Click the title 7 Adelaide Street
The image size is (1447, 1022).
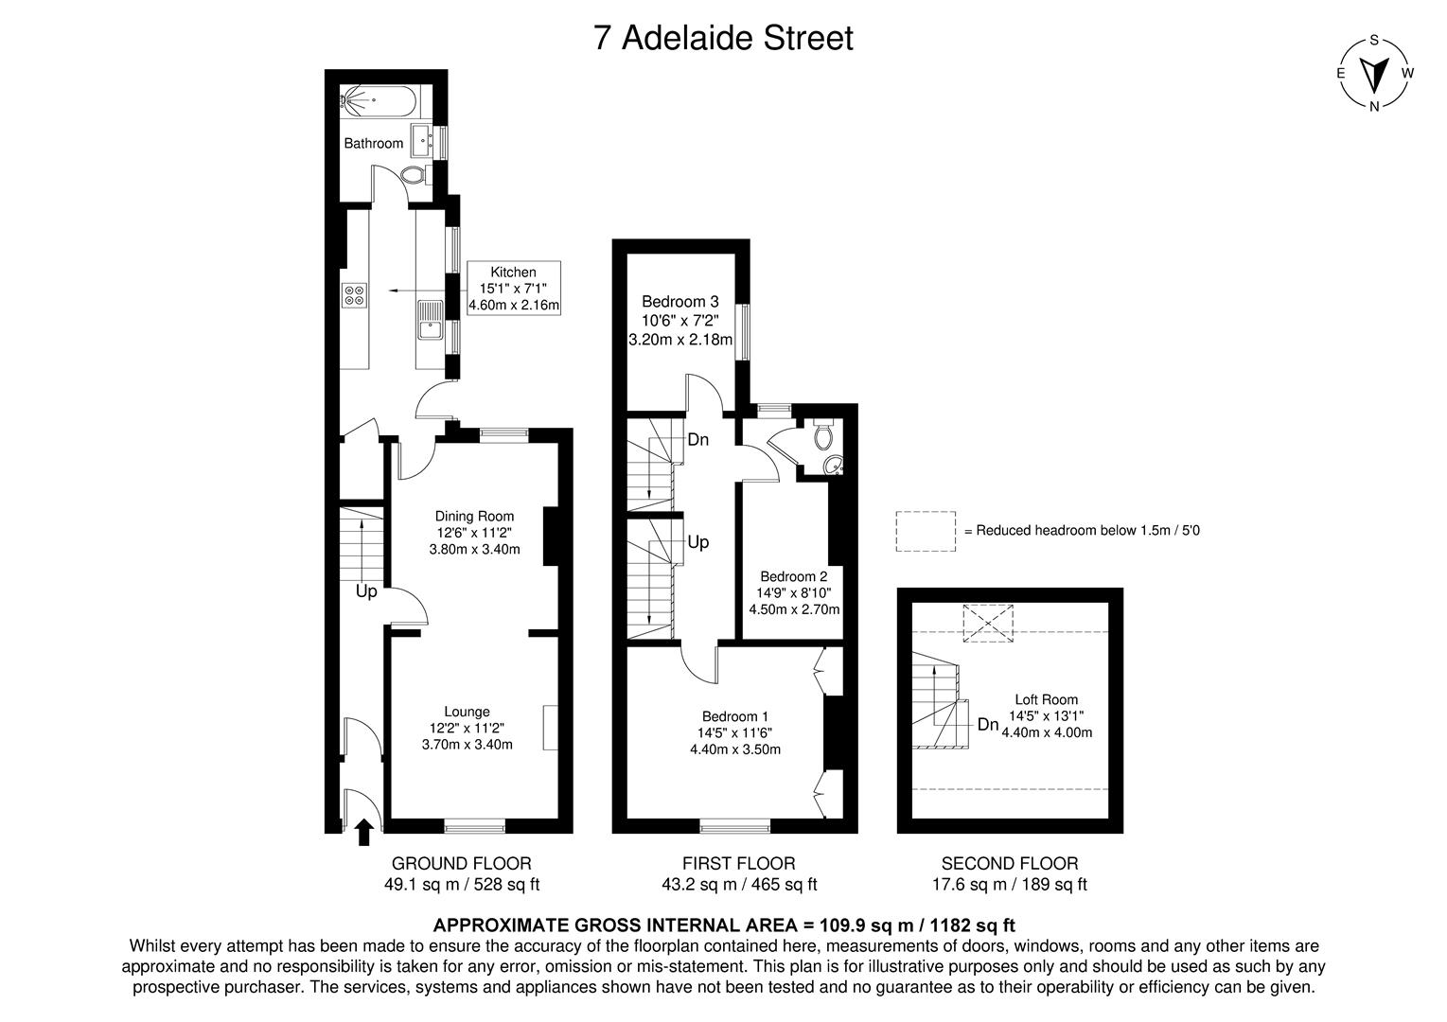point(723,38)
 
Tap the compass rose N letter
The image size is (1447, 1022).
point(1373,106)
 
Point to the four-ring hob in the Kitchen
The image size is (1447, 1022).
point(355,295)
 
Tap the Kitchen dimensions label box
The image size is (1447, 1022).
point(514,289)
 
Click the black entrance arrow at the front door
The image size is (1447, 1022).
point(362,832)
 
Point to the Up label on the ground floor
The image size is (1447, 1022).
point(366,591)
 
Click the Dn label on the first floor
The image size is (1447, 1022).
point(698,439)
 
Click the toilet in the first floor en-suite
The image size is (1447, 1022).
point(823,434)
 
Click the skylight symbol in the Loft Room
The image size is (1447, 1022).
point(986,625)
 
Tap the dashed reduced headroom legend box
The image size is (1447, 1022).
point(926,531)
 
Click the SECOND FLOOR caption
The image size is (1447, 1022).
point(1009,863)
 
